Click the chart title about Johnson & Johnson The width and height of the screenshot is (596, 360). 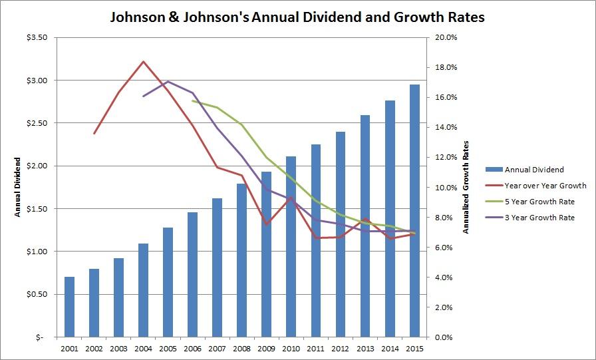pyautogui.click(x=297, y=17)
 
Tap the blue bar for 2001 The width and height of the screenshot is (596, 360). pyautogui.click(x=69, y=307)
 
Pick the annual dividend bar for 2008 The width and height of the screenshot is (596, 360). pyautogui.click(x=241, y=260)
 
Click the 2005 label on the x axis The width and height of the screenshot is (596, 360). pyautogui.click(x=168, y=348)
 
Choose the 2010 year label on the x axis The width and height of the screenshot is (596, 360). pyautogui.click(x=291, y=348)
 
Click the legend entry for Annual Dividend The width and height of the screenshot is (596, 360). pyautogui.click(x=534, y=170)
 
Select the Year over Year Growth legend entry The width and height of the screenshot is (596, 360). pyautogui.click(x=545, y=186)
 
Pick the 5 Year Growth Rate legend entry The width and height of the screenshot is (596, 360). pyautogui.click(x=539, y=202)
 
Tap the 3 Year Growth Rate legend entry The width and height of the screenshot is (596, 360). pyautogui.click(x=539, y=218)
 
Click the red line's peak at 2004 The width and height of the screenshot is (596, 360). pyautogui.click(x=143, y=61)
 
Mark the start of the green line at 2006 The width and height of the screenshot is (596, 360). pyautogui.click(x=192, y=101)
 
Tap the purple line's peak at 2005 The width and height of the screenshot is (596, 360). pyautogui.click(x=168, y=82)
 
